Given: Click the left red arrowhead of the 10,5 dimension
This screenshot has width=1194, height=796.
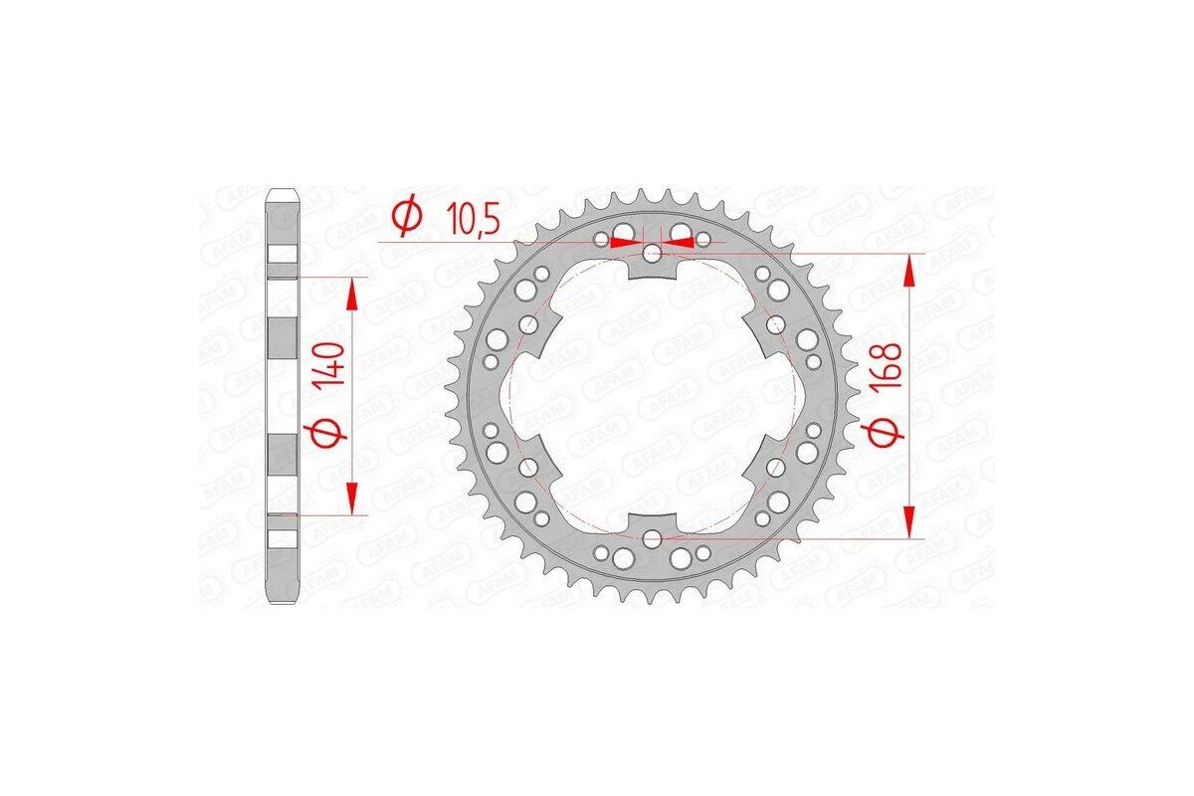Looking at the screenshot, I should pyautogui.click(x=624, y=242).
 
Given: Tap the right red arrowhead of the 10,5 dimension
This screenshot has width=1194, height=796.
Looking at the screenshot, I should pyautogui.click(x=680, y=242).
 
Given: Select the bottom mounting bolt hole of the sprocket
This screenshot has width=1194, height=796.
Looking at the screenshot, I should pyautogui.click(x=652, y=538).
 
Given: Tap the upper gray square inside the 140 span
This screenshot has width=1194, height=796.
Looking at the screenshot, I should pyautogui.click(x=282, y=339).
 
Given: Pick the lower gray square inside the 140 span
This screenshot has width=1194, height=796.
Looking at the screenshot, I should pyautogui.click(x=282, y=455).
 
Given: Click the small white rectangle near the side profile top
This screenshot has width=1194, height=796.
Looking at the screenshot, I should pyautogui.click(x=282, y=255).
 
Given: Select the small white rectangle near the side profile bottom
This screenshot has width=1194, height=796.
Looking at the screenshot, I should pyautogui.click(x=282, y=538).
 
